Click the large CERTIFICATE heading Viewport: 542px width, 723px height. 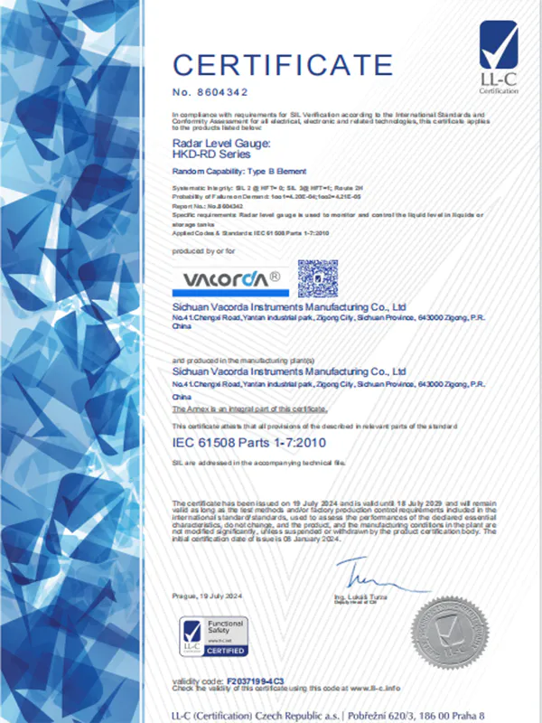(283, 66)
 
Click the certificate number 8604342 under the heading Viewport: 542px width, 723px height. (210, 92)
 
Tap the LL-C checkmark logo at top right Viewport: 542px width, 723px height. (499, 55)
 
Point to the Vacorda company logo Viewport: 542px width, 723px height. (229, 275)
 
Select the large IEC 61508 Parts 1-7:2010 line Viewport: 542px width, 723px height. (248, 442)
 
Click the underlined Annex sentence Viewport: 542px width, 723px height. (249, 408)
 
